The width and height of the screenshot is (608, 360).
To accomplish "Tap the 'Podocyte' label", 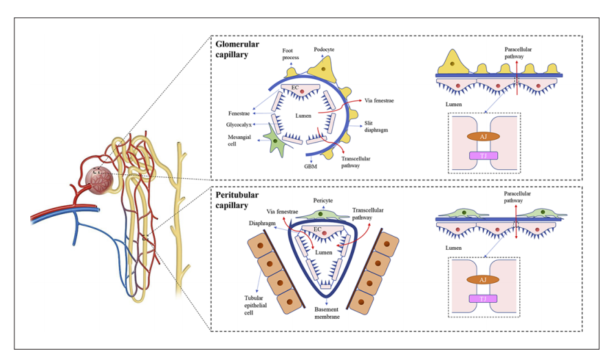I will [324, 50].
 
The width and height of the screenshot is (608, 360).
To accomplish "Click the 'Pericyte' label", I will [323, 198].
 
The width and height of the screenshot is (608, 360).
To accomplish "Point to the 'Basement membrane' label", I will [324, 315].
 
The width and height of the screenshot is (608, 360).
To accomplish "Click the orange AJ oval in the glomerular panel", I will [484, 136].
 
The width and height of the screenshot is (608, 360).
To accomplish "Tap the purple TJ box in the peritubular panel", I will [484, 298].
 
